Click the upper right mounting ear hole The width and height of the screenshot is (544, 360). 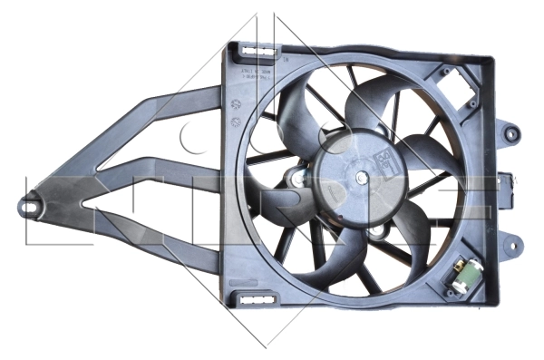coord(514,132)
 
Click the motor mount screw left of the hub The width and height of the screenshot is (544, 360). coord(295,175)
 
